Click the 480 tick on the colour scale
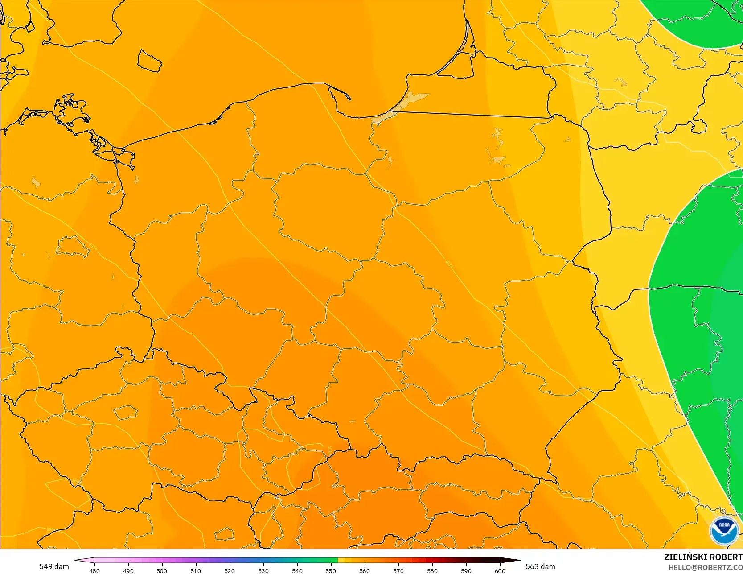[x=94, y=570]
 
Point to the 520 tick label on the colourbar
[x=230, y=570]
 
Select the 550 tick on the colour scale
[x=331, y=570]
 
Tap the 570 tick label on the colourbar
[x=398, y=570]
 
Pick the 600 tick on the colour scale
[x=500, y=570]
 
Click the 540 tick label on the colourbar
[x=297, y=570]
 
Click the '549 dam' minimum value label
[x=54, y=566]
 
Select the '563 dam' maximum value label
[x=540, y=566]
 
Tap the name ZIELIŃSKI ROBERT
[x=703, y=557]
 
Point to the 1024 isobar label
[x=449, y=264]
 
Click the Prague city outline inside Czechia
[x=126, y=412]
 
